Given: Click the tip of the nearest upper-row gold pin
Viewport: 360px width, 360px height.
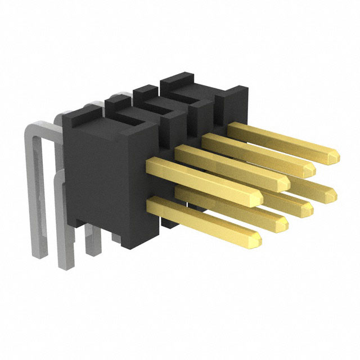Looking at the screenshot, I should pos(259,197).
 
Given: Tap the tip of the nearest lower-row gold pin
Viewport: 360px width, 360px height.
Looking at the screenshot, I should pos(258,240).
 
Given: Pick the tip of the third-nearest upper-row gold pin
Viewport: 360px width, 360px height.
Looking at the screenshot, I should pos(311,168).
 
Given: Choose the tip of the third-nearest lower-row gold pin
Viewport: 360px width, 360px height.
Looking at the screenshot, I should pos(308,208).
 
